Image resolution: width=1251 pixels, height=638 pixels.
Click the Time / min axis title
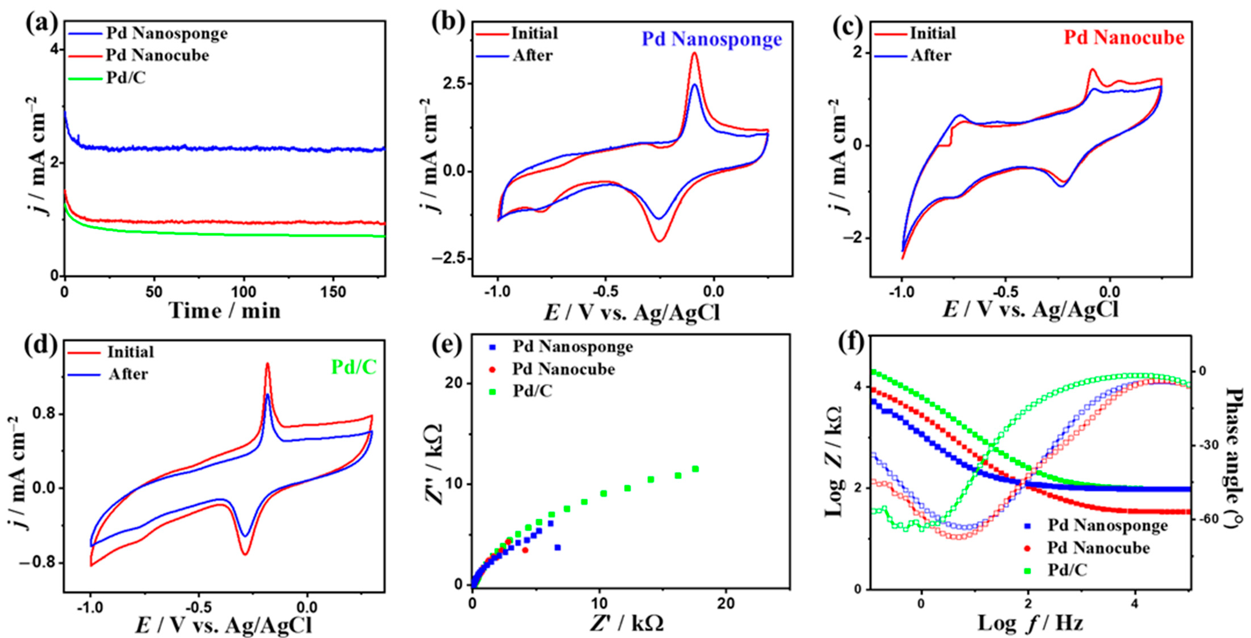(225, 311)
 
